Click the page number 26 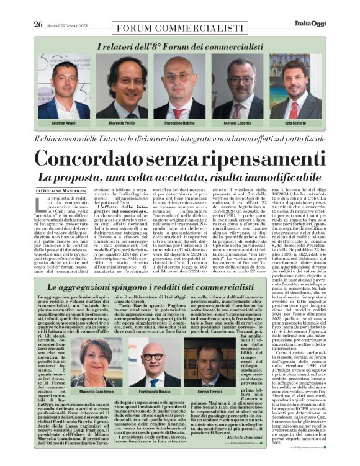(38, 7)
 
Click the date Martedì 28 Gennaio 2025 (71, 8)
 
